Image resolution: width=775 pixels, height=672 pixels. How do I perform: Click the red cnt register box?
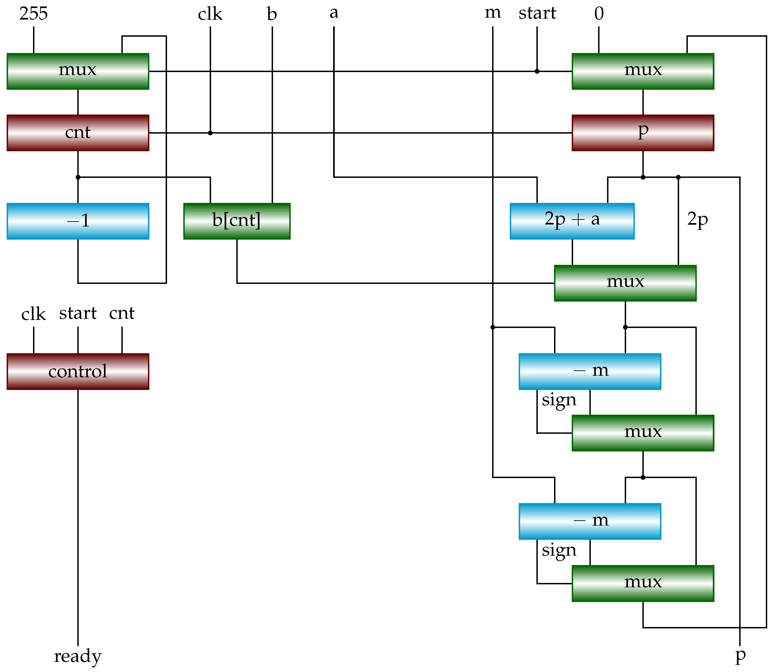click(x=78, y=133)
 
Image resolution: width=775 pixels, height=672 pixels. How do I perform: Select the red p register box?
click(x=643, y=133)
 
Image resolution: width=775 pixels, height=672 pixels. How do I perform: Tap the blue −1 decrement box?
click(x=78, y=221)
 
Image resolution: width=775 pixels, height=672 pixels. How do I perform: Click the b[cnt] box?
click(x=237, y=221)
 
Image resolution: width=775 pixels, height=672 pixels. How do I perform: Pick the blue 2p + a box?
click(x=572, y=221)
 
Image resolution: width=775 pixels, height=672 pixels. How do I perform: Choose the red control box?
click(x=78, y=372)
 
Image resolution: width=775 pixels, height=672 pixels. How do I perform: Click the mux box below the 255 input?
click(x=78, y=71)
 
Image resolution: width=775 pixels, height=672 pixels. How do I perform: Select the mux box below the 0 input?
click(x=643, y=71)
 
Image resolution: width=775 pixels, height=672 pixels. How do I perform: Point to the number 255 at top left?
click(x=34, y=14)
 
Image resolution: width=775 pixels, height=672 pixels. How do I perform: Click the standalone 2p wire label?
click(x=697, y=219)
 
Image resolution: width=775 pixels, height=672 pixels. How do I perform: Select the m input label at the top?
click(x=493, y=13)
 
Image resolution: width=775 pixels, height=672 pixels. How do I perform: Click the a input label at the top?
click(x=334, y=13)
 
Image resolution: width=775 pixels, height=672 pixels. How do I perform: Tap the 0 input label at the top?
click(x=599, y=14)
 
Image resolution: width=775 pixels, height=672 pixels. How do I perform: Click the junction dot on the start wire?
click(x=537, y=71)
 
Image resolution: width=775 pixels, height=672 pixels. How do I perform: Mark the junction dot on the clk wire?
click(x=210, y=133)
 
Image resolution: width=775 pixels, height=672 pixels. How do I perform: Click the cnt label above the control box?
click(x=122, y=314)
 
